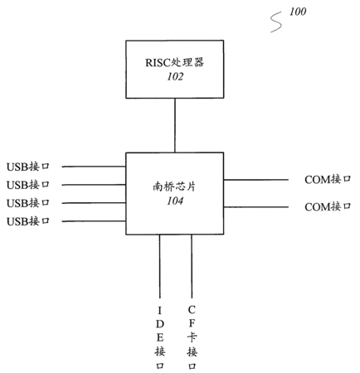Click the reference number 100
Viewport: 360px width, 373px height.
[298, 12]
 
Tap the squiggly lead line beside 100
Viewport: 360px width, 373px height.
[276, 22]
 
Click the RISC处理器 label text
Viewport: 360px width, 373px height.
[174, 62]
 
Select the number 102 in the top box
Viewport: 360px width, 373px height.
[175, 76]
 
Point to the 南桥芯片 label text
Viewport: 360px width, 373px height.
[174, 186]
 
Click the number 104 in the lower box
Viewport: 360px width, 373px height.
[175, 201]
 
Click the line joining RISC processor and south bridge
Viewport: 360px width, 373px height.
[175, 125]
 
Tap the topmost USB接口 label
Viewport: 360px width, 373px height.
[28, 167]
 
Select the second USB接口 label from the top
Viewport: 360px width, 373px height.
[28, 185]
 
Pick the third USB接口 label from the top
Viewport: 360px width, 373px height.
[28, 203]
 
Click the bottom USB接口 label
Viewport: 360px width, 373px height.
[28, 221]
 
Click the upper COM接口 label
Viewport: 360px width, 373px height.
[328, 180]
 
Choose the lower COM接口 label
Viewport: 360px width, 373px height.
[328, 206]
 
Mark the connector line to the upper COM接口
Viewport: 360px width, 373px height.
[256, 180]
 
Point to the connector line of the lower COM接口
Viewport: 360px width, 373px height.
[256, 207]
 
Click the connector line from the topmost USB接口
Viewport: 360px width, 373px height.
[94, 167]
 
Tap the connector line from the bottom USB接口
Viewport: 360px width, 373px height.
[94, 221]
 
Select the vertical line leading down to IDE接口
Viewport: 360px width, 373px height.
[159, 266]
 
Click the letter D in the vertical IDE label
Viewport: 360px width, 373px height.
[160, 324]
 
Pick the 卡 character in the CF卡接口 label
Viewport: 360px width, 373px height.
[192, 337]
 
